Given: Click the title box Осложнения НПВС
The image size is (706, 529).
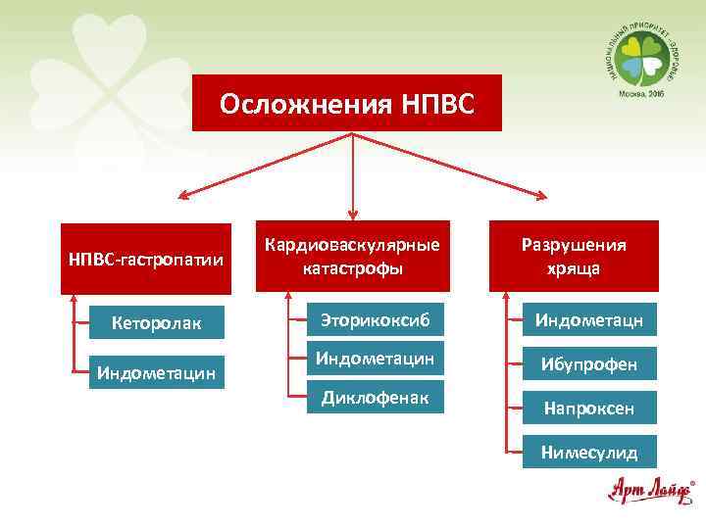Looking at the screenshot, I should coord(346,103).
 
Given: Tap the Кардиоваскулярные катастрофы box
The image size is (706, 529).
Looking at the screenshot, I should coord(352,256).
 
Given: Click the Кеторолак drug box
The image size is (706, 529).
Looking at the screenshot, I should coord(157,322).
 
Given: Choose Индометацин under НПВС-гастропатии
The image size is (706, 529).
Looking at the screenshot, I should coord(157,371).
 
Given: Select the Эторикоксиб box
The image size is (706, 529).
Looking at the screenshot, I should coord(374,318).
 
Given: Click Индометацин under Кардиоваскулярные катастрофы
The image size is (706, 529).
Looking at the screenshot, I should coord(374,359).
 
